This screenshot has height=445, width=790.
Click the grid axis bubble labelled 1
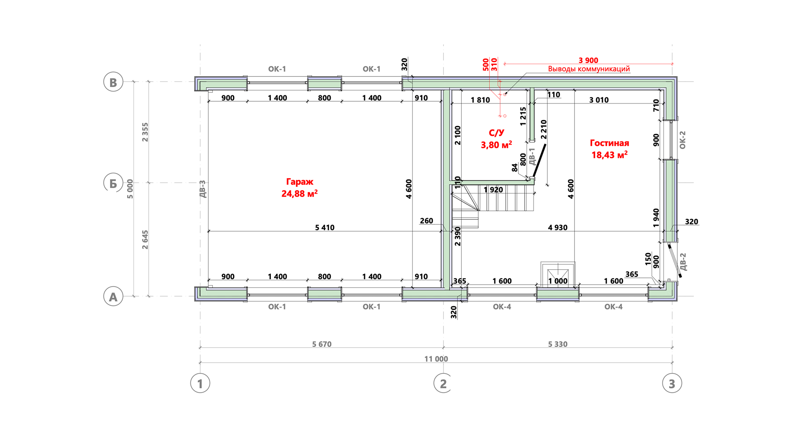coord(200,383)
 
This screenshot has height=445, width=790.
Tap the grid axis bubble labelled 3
coord(672,383)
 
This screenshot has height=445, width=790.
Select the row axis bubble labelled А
coord(113,296)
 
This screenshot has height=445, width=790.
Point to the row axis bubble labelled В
coord(113,82)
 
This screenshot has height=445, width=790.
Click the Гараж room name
coord(299,182)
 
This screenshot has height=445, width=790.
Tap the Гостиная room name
coord(609,143)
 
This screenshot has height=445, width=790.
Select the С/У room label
coord(496,133)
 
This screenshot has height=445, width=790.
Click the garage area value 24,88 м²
coord(299,193)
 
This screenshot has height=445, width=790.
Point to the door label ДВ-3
coord(203,189)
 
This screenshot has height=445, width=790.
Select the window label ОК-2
coord(682,140)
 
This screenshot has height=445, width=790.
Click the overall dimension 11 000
coord(436,359)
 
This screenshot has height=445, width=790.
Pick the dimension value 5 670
coord(322,344)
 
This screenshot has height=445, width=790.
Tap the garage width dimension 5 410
coord(324,228)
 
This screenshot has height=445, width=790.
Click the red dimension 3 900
coord(588,60)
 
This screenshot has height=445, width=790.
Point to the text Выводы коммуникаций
coord(589,69)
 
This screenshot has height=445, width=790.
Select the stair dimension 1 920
coord(493,190)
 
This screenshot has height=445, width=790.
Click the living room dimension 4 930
coord(557,228)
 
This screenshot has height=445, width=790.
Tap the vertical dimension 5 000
coord(130,189)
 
